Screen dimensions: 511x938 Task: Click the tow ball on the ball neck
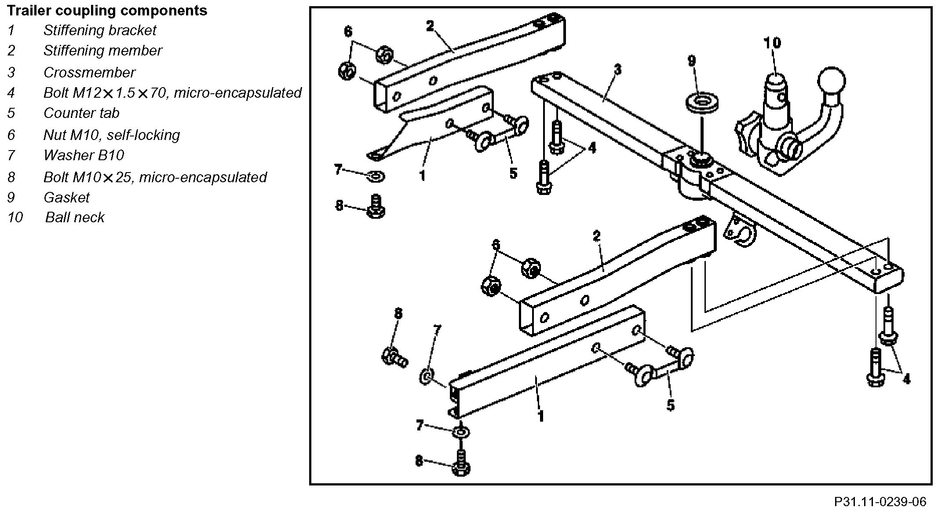pos(832,81)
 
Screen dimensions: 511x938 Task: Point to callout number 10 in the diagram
pos(772,43)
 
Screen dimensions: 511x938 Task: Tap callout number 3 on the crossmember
pos(617,70)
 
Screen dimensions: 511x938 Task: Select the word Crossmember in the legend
pos(89,72)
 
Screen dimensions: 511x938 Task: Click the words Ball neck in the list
pos(75,217)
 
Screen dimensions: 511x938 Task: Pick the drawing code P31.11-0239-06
pos(880,502)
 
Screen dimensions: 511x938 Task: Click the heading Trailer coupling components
pos(107,10)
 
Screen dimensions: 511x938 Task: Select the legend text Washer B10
pos(84,155)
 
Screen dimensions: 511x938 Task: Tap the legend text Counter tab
pos(81,113)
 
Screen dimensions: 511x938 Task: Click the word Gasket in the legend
pos(66,197)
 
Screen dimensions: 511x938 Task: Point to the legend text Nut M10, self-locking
pos(112,135)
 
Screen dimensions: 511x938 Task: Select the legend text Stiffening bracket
pos(100,30)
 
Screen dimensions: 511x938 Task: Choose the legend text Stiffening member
pos(103,51)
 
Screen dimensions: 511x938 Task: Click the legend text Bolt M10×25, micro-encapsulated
pos(155,177)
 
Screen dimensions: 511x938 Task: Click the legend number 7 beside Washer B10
pos(11,155)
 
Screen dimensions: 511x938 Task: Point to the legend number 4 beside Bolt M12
pos(11,93)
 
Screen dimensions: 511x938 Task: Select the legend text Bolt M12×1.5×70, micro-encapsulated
pos(172,93)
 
